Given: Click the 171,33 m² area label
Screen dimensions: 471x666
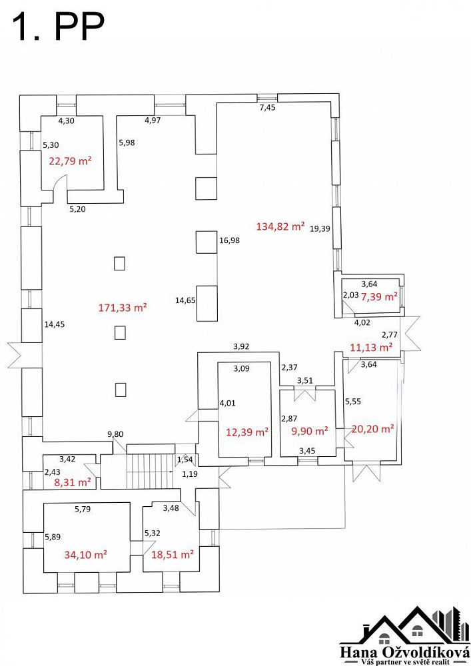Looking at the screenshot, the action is click(123, 308).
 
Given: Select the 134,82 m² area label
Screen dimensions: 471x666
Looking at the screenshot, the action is click(280, 226).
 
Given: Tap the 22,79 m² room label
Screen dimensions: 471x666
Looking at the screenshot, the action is click(71, 161).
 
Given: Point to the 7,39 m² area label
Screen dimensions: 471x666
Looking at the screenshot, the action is click(379, 297).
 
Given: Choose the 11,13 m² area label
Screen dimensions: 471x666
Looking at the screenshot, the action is click(371, 348).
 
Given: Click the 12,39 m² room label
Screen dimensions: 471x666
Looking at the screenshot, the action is click(247, 432).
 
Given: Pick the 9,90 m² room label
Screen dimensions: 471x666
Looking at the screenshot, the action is click(310, 431).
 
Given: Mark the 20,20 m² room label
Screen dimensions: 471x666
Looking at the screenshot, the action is click(372, 429).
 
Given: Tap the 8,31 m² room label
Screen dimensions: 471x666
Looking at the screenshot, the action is click(73, 482).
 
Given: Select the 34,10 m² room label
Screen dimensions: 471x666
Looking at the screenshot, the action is click(85, 555).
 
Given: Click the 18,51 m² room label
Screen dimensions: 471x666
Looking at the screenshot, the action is click(173, 555).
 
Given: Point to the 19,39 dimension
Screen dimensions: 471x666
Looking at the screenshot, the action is click(320, 228).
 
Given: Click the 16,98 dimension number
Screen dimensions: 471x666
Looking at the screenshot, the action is click(229, 240).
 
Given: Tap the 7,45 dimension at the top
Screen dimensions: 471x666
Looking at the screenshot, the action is click(268, 107).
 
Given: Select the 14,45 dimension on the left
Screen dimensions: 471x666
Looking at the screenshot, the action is click(55, 324).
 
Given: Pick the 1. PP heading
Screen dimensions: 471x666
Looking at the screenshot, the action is click(59, 27).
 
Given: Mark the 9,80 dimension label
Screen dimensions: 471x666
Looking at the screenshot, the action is click(115, 434).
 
